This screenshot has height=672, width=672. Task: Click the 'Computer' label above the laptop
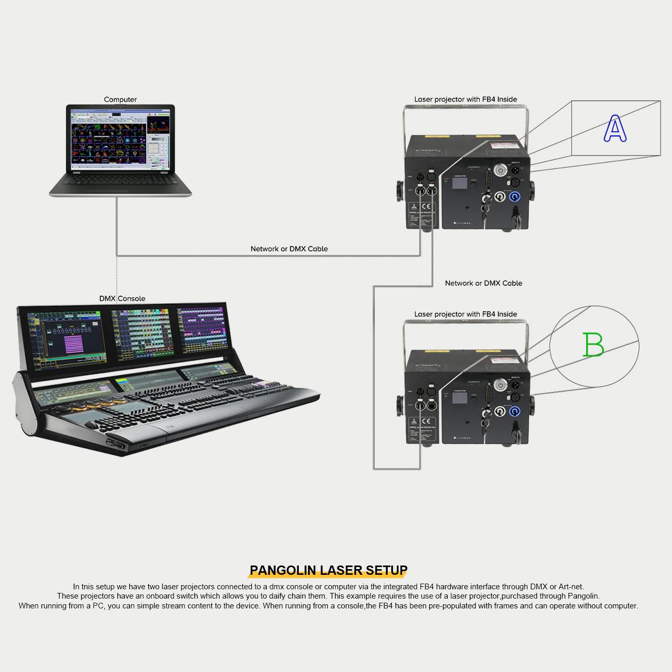[120, 99]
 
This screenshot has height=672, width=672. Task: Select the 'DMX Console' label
[122, 298]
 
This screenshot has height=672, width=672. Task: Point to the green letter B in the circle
[593, 345]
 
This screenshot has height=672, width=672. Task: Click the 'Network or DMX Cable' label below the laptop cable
[289, 249]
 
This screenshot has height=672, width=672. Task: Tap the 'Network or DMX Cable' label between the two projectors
[483, 283]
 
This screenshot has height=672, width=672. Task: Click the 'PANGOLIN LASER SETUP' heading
[328, 570]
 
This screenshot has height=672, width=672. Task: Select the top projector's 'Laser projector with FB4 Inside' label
[465, 99]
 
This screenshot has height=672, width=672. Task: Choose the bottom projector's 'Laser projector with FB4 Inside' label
[465, 314]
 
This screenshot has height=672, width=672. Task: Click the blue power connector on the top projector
[515, 197]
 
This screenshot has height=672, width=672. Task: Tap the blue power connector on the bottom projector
[515, 412]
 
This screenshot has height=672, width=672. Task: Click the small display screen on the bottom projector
[460, 398]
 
